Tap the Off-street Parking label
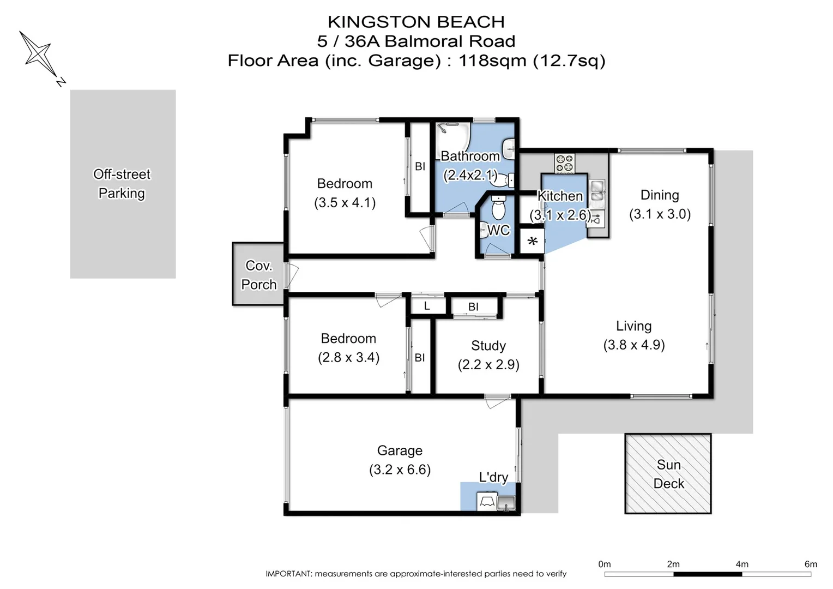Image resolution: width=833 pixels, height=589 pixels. (x=122, y=184)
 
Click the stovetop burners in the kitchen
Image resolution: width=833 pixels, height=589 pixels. (x=564, y=164)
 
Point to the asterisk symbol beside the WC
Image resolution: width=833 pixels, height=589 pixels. (x=533, y=242)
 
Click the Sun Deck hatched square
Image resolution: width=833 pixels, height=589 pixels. (x=668, y=474)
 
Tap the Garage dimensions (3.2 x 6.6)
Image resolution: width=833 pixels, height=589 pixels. (x=400, y=470)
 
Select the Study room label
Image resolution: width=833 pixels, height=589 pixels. (x=488, y=346)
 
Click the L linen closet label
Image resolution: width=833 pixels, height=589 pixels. (x=427, y=306)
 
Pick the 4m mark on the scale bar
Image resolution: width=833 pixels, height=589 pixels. (x=742, y=564)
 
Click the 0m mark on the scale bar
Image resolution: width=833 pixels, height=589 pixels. (x=605, y=564)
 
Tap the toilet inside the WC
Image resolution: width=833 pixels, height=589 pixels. (x=498, y=208)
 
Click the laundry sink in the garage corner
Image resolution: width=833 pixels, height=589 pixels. (x=506, y=503)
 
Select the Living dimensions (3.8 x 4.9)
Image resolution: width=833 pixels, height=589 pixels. (x=633, y=345)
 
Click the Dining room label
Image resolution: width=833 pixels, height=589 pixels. (x=660, y=195)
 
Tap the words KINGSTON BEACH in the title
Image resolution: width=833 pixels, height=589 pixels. (x=416, y=22)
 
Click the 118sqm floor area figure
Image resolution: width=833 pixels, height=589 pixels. (x=492, y=61)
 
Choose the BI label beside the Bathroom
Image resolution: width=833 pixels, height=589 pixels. (x=420, y=166)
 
